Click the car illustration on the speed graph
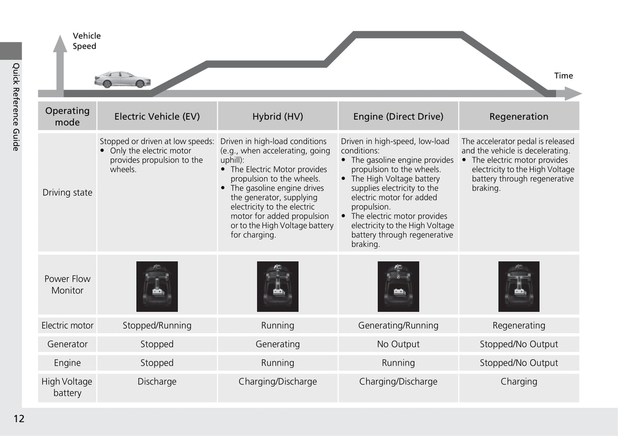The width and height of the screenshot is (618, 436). pos(122,80)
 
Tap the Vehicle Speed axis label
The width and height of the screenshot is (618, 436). pos(86,41)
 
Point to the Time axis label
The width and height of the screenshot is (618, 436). pos(563,76)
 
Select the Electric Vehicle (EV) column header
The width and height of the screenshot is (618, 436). pos(157,116)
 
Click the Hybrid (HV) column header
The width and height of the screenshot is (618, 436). pos(278,116)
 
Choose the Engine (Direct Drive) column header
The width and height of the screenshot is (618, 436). pos(398,116)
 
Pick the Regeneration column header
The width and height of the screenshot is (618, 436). pos(518,116)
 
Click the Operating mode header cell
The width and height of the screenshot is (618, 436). pos(68,116)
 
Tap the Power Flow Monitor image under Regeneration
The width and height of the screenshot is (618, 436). pos(519,286)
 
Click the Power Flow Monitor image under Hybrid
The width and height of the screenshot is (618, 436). pos(278,286)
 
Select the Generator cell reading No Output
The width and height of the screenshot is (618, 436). pos(398,344)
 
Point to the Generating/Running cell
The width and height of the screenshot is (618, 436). pos(398,326)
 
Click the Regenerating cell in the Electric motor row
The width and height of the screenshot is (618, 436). pos(519,326)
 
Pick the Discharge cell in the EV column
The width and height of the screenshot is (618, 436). pos(157,382)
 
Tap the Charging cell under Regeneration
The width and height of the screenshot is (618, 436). pos(519,382)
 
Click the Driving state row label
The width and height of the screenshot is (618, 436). pos(68,193)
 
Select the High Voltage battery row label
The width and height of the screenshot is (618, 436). pos(67,387)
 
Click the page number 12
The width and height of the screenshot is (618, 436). pos(19,418)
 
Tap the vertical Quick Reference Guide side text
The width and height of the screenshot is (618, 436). pos(16,107)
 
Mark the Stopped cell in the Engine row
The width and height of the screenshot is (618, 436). pos(157,363)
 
